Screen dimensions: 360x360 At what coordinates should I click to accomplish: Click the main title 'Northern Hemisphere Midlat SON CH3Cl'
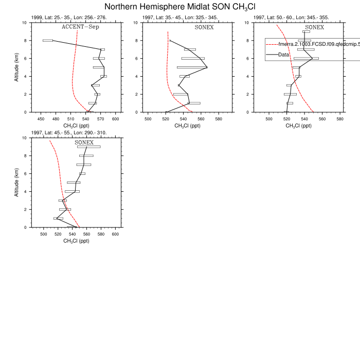click(179, 7)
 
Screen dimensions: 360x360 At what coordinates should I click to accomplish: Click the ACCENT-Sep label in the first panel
click(80, 27)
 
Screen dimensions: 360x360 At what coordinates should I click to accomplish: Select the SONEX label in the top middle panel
click(204, 27)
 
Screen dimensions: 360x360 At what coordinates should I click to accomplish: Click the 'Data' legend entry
click(283, 55)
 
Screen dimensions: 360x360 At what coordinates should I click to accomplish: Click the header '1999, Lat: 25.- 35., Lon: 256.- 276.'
click(69, 17)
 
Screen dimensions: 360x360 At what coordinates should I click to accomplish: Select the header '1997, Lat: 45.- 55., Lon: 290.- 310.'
click(69, 133)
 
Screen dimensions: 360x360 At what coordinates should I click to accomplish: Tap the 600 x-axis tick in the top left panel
click(116, 119)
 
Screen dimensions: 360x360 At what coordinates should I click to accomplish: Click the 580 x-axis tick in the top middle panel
click(219, 119)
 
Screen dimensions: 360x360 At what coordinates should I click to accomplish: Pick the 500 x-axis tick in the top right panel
click(268, 119)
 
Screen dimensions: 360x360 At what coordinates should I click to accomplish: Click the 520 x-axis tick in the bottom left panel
click(58, 234)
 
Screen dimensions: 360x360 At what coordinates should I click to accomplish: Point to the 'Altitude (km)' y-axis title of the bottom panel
click(17, 183)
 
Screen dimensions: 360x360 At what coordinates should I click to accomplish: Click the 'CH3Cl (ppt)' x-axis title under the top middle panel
click(187, 125)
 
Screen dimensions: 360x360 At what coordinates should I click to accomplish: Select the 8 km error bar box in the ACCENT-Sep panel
click(48, 40)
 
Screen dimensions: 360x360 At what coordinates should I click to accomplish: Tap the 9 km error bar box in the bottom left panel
click(89, 147)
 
